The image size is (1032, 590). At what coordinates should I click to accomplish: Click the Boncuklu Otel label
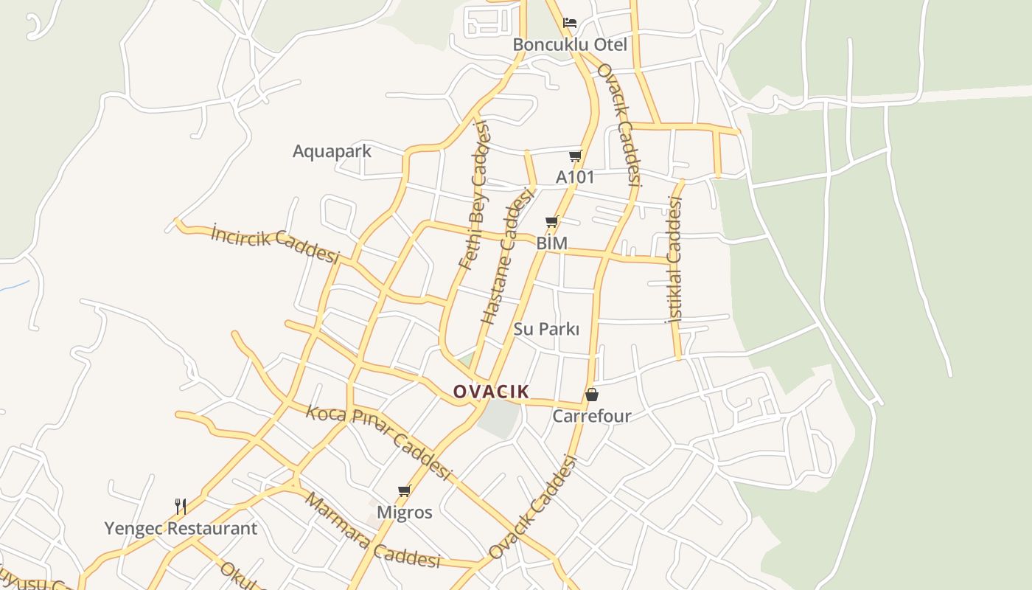tap(570, 45)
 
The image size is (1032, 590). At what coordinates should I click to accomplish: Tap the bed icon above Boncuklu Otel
tap(570, 22)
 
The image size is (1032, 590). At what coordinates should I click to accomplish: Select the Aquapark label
tap(332, 151)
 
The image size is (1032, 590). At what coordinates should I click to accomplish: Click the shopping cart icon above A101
tap(575, 156)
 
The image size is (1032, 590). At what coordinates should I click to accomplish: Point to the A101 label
tap(575, 177)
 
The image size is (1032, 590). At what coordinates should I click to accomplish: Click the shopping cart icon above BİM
tap(551, 221)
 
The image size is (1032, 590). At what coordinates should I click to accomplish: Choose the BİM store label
tap(552, 243)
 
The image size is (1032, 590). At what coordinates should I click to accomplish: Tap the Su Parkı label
tap(546, 329)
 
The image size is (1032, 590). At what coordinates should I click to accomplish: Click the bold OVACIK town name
tap(491, 392)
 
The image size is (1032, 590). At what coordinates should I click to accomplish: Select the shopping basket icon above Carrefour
tap(591, 395)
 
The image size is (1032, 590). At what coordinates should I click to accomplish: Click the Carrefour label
tap(592, 416)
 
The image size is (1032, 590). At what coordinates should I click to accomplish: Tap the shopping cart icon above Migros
tap(404, 490)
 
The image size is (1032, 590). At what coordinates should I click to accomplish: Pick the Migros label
tap(405, 512)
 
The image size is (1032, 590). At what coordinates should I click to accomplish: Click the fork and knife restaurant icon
tap(180, 506)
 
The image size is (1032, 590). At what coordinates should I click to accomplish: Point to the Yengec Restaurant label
tap(181, 528)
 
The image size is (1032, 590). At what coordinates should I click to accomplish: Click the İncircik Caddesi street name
tap(274, 243)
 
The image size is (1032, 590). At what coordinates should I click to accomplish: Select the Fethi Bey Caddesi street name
tap(474, 195)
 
